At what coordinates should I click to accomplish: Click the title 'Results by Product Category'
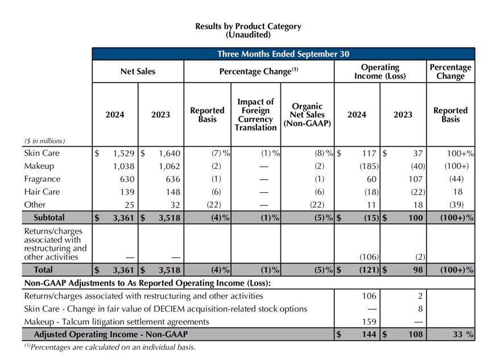(x=248, y=26)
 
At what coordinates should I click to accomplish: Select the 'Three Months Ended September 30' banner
(x=283, y=54)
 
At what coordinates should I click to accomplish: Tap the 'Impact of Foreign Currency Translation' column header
(x=256, y=114)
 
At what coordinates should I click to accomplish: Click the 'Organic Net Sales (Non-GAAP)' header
(x=307, y=114)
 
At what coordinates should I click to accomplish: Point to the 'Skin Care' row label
(x=42, y=153)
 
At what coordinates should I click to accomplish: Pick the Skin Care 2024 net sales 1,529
(x=123, y=154)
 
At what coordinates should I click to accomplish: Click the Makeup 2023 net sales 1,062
(x=169, y=166)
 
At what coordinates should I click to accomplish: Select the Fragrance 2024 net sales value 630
(x=127, y=179)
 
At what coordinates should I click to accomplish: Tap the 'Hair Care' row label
(x=42, y=192)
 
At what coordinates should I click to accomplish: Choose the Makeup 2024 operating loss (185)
(x=369, y=166)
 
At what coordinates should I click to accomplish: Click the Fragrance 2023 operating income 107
(x=415, y=179)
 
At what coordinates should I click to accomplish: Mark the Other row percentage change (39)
(x=456, y=205)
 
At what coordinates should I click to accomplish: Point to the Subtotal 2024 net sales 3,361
(x=123, y=218)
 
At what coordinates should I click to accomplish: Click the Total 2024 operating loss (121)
(x=369, y=270)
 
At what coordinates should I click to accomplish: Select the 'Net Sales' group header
(x=138, y=72)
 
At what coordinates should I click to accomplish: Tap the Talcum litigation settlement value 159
(x=369, y=322)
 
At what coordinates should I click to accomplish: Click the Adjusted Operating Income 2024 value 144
(x=369, y=334)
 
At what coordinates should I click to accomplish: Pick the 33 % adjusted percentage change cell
(x=463, y=334)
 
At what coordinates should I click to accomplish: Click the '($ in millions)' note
(x=44, y=141)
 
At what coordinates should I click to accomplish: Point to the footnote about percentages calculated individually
(x=110, y=347)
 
